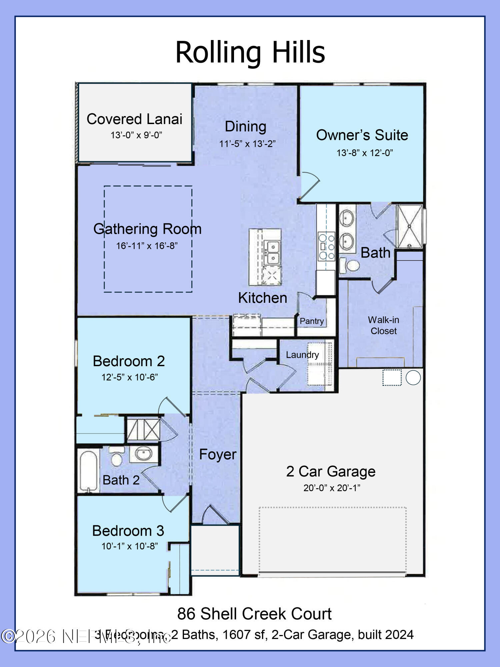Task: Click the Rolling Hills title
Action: [x=250, y=52]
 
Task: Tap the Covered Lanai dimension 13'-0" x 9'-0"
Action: [x=136, y=135]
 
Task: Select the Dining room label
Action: [x=245, y=126]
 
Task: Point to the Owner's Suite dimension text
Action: [x=364, y=153]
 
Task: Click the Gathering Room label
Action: [x=147, y=229]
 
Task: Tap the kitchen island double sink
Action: [x=272, y=252]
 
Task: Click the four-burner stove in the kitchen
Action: [x=326, y=247]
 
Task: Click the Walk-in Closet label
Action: [x=383, y=325]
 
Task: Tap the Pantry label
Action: [x=312, y=321]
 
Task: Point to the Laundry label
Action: [x=302, y=355]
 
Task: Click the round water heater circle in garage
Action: [x=413, y=378]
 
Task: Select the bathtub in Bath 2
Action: [x=88, y=470]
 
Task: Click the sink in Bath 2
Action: [x=144, y=454]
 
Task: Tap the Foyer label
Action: [x=218, y=454]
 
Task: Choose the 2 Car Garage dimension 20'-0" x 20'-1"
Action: [x=331, y=488]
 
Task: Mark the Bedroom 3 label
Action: [x=128, y=531]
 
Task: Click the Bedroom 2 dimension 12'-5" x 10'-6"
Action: [x=129, y=377]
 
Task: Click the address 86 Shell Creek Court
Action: [x=254, y=614]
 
